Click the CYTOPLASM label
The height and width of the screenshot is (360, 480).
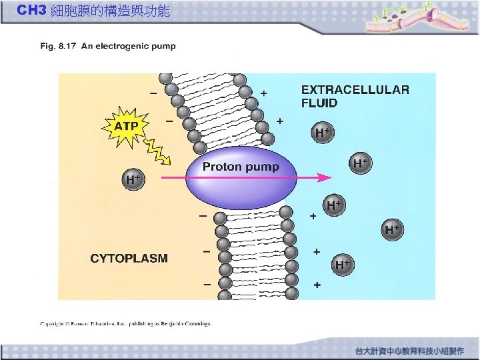[x=129, y=258]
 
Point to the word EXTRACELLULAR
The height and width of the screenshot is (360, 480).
[x=355, y=90]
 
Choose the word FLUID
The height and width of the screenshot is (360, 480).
[x=319, y=103]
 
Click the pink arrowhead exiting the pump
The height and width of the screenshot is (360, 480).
[x=325, y=177]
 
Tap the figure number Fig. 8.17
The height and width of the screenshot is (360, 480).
[x=59, y=47]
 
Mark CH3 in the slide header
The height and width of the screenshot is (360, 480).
[x=31, y=11]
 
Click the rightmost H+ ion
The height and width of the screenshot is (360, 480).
[x=393, y=230]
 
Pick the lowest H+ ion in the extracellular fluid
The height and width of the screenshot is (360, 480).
[x=343, y=265]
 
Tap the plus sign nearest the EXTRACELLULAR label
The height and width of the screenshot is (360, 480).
[x=264, y=94]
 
